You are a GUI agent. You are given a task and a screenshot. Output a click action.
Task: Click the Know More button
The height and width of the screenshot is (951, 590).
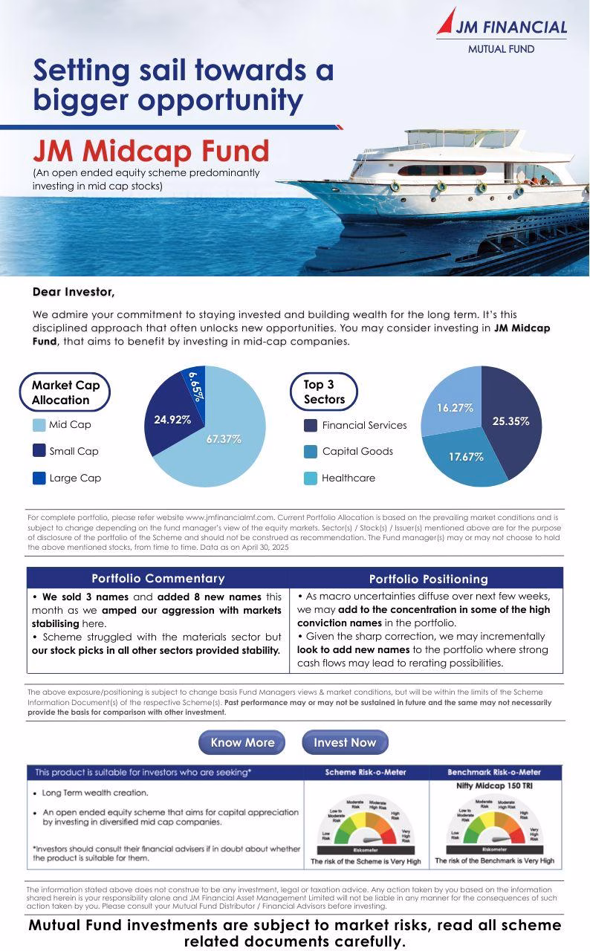[x=242, y=742]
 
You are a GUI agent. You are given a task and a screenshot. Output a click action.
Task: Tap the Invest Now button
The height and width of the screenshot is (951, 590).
[x=345, y=742]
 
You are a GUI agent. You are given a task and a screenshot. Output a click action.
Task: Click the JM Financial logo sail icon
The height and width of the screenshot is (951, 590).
[x=447, y=21]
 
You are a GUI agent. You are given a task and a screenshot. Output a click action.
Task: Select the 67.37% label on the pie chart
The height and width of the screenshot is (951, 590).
[x=224, y=439]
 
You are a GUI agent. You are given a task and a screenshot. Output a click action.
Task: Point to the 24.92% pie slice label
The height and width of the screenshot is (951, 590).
[x=172, y=420]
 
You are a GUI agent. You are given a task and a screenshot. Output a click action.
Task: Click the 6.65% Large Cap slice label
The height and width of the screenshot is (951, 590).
[x=195, y=386]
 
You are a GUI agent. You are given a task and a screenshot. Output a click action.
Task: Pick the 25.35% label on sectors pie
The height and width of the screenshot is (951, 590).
[x=510, y=421]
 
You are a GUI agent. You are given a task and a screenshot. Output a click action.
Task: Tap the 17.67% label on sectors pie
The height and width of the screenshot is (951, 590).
[x=466, y=457]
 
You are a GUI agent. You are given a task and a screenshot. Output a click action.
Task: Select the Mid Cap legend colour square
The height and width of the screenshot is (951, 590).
[x=39, y=425]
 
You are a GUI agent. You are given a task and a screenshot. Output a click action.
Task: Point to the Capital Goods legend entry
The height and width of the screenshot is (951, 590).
[x=349, y=451]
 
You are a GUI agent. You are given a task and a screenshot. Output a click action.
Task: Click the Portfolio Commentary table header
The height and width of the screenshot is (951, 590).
[x=158, y=578]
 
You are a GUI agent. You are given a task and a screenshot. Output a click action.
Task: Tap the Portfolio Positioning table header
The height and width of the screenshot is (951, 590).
[x=428, y=579]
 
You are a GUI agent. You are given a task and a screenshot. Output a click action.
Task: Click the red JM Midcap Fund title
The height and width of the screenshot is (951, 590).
[x=151, y=152]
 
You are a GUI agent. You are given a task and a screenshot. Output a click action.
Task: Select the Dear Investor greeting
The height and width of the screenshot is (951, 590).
[x=74, y=292]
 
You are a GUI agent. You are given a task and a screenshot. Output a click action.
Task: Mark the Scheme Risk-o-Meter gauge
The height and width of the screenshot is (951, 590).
[x=365, y=825]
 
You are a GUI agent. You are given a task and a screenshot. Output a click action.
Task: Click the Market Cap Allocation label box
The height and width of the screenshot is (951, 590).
[x=65, y=392]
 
